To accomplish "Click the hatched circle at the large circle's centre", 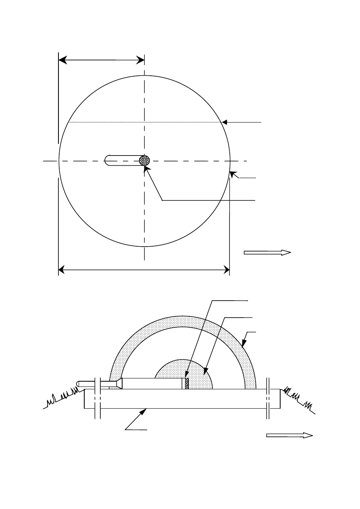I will (x=144, y=160).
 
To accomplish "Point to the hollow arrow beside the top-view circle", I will (x=267, y=253).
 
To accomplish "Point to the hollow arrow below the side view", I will (x=289, y=435).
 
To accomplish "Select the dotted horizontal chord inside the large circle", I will (x=141, y=122).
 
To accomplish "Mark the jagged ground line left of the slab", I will (x=60, y=397).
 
